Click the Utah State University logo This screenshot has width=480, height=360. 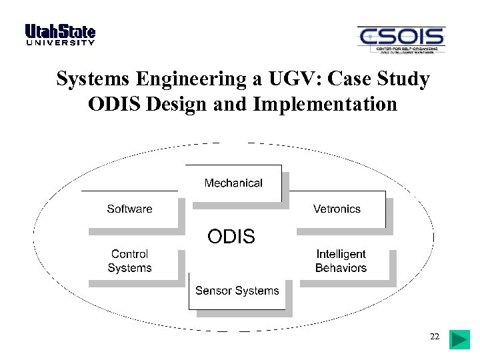tap(60, 35)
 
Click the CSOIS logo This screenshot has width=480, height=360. tap(401, 40)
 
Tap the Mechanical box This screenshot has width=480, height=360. tap(233, 183)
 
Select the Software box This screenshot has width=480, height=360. tap(130, 209)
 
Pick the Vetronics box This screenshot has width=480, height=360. tap(337, 209)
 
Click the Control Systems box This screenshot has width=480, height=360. tap(130, 261)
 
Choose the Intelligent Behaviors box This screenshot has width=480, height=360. tap(341, 261)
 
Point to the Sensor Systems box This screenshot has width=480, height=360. tap(237, 291)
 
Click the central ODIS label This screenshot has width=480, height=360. tap(231, 236)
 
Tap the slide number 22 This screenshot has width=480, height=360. tap(435, 337)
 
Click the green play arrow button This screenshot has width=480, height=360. tap(459, 339)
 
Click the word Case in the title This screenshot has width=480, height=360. tap(356, 79)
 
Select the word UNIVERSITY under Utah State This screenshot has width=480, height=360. tap(60, 43)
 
